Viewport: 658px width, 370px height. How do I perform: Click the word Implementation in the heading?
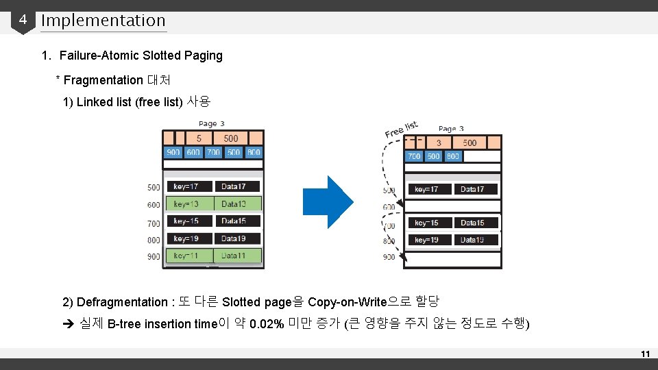[103, 21]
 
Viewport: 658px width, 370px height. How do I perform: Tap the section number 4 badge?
[23, 20]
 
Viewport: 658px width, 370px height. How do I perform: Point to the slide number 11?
[644, 354]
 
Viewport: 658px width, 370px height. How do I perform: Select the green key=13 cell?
[190, 204]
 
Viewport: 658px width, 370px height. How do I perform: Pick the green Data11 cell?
[237, 256]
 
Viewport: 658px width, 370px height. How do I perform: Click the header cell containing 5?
[199, 138]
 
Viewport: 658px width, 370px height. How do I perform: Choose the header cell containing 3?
[439, 143]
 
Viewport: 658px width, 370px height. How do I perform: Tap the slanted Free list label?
[401, 129]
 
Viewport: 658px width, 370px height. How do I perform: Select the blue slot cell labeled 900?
[173, 152]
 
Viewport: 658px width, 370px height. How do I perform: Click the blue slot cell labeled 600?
[193, 152]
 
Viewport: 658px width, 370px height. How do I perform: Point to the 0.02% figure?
[267, 324]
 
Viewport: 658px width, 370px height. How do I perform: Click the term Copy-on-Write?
[348, 302]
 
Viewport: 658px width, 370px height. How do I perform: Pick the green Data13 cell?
[237, 204]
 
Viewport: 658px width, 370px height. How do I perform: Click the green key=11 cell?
[190, 256]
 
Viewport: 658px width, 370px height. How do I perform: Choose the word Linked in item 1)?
[94, 102]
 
